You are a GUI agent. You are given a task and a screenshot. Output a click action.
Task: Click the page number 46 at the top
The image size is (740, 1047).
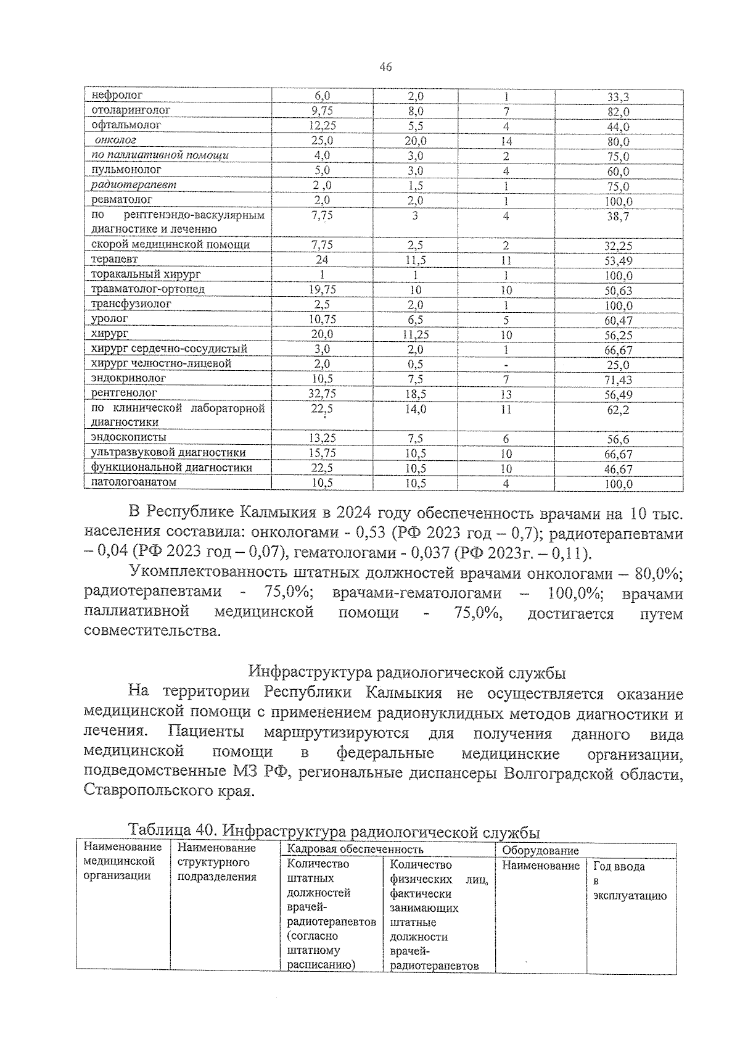click(x=386, y=67)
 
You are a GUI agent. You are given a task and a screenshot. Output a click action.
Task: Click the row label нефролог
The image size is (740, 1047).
click(x=117, y=96)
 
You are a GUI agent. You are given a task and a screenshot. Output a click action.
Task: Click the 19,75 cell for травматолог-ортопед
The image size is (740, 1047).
click(x=322, y=289)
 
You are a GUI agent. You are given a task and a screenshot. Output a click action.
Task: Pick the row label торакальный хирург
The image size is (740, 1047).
click(x=146, y=274)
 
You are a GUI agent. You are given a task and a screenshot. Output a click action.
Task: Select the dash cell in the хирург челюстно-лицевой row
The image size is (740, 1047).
click(x=506, y=365)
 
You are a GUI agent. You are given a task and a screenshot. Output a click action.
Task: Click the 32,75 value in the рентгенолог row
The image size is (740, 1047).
click(x=322, y=394)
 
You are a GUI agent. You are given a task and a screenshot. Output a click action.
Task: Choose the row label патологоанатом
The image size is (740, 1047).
click(x=134, y=482)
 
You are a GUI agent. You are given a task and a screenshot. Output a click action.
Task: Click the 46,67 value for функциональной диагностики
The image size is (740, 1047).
click(x=618, y=469)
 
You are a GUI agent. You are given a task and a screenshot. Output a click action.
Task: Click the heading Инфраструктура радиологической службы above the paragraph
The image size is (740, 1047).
click(x=407, y=671)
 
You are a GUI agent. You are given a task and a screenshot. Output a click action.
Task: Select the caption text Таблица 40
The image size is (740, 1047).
click(x=164, y=830)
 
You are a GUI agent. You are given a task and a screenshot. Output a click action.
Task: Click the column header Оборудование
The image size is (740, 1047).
click(x=540, y=850)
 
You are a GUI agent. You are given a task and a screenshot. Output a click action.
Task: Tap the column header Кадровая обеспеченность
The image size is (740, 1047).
click(x=355, y=850)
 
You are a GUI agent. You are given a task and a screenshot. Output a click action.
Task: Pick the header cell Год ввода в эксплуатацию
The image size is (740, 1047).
click(x=629, y=881)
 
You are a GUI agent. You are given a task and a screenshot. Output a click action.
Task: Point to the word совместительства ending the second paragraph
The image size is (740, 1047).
click(x=151, y=632)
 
